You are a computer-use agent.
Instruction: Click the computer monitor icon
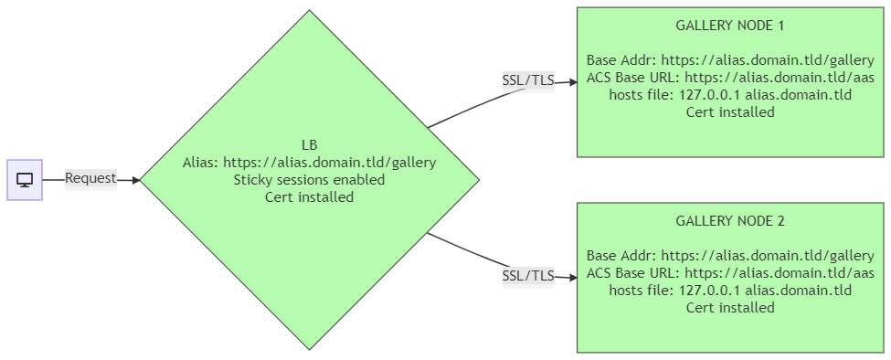[x=25, y=180]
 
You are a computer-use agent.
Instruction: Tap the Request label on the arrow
[x=90, y=178]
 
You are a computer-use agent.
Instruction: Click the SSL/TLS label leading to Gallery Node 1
[x=528, y=81]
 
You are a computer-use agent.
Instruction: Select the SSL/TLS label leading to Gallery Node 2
[x=528, y=276]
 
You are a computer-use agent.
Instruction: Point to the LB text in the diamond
[x=310, y=144]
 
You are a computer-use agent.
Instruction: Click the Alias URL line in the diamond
[x=310, y=163]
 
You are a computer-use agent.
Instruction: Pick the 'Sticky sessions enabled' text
[x=310, y=180]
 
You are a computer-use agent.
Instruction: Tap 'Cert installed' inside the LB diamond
[x=310, y=197]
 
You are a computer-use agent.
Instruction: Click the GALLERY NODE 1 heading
[x=730, y=26]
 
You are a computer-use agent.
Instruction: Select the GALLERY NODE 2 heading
[x=730, y=221]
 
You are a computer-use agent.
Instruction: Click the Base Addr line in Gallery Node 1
[x=730, y=60]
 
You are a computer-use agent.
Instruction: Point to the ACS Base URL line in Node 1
[x=730, y=78]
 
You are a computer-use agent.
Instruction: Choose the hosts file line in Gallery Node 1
[x=730, y=95]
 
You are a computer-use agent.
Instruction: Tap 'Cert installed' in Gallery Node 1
[x=730, y=112]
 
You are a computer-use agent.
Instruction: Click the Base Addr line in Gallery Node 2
[x=730, y=256]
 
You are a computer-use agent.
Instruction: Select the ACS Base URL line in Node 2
[x=730, y=272]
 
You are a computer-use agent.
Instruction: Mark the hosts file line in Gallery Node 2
[x=730, y=291]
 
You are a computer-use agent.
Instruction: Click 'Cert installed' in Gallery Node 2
[x=730, y=308]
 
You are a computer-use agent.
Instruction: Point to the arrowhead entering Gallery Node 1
[x=573, y=81]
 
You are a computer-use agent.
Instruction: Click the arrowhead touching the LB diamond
[x=136, y=181]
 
